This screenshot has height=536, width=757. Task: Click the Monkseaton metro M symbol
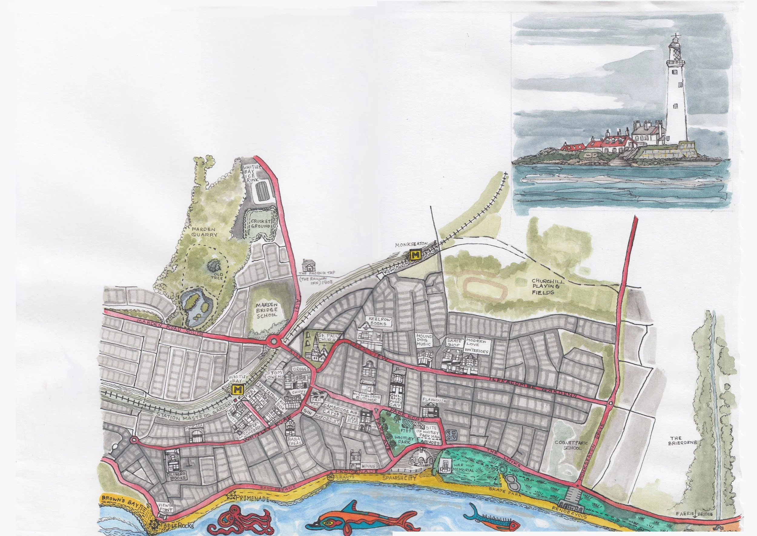pos(415,255)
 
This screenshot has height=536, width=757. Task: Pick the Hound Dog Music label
pos(424,340)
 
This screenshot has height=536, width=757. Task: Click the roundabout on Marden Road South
pos(273,340)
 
